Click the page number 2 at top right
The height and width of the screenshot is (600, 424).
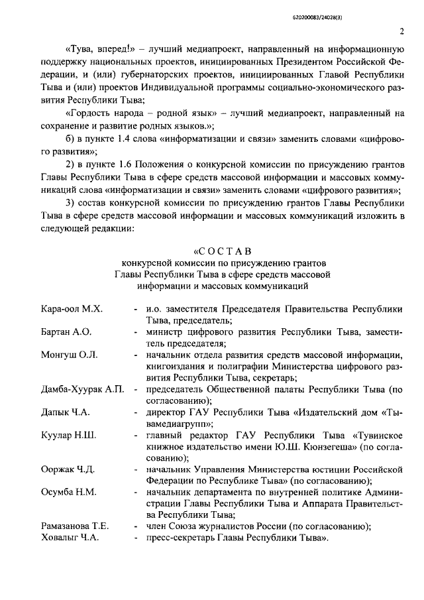[401, 31]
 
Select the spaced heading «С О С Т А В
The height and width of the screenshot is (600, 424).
[221, 251]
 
